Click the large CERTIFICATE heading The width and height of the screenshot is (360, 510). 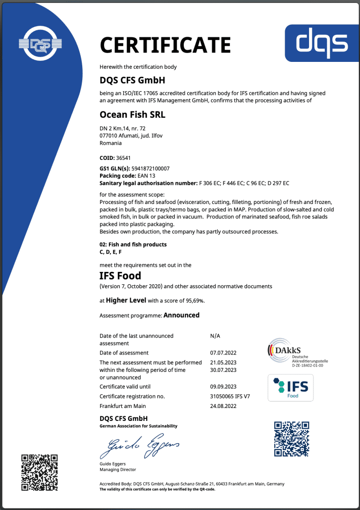[x=165, y=46]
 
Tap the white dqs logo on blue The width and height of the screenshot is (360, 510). [x=322, y=44]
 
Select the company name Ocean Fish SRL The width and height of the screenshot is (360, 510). [x=133, y=114]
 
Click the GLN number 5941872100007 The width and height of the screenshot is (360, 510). [x=149, y=169]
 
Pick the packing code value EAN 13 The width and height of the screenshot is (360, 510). [x=144, y=176]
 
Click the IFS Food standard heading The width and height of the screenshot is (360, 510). [x=120, y=276]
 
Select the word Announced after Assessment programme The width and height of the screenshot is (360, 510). [x=181, y=315]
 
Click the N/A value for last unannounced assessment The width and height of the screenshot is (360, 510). [x=215, y=336]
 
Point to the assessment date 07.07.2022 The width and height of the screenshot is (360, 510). [x=223, y=353]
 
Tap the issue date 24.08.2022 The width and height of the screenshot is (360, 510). [x=223, y=406]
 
